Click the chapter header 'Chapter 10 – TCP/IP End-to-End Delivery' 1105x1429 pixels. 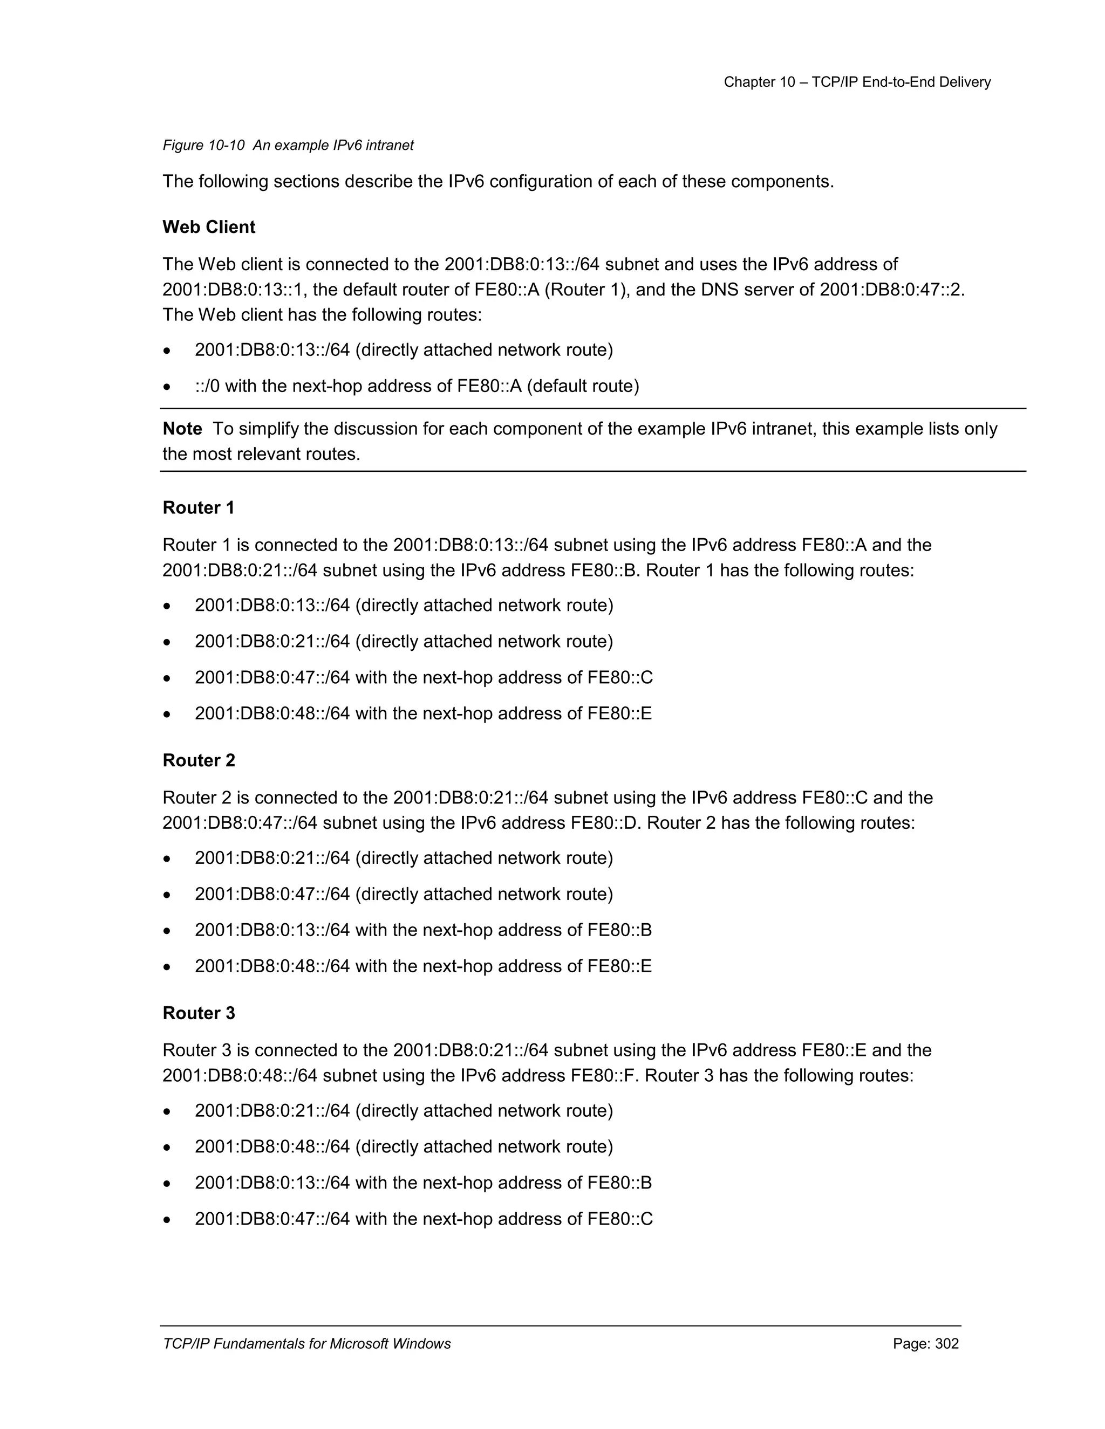(x=856, y=82)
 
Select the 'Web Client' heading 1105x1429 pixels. (x=209, y=227)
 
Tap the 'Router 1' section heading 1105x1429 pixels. (x=199, y=508)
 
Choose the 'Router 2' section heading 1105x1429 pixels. (x=199, y=760)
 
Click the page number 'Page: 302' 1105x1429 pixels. (x=926, y=1344)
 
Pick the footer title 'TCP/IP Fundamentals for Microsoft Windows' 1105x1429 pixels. (x=306, y=1344)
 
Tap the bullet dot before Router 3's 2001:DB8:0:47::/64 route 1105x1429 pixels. (x=168, y=1220)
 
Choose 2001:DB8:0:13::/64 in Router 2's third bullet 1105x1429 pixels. (x=272, y=930)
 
